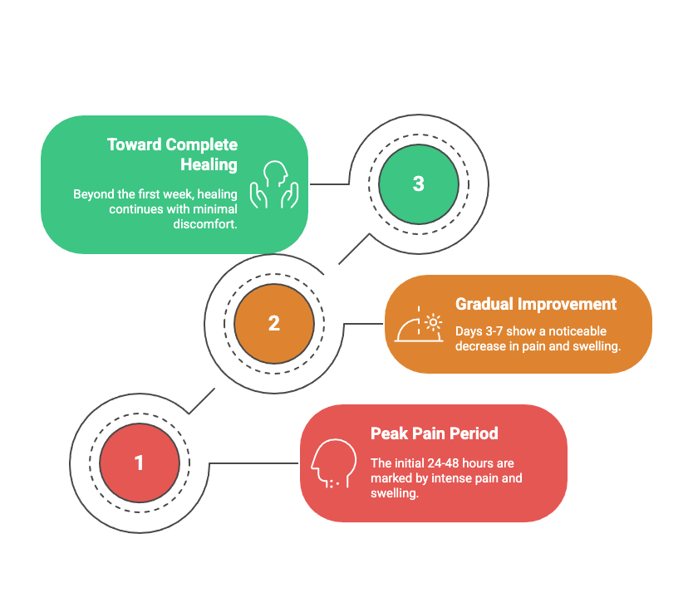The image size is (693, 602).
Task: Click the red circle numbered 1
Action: click(x=140, y=463)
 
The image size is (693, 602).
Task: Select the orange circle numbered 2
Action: click(x=274, y=324)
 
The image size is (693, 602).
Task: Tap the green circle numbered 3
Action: click(x=419, y=184)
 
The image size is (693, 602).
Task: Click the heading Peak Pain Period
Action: click(x=434, y=433)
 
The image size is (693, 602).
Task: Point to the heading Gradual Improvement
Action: click(x=536, y=304)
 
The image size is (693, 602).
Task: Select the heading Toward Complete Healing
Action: click(x=172, y=154)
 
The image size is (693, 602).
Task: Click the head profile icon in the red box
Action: click(x=334, y=463)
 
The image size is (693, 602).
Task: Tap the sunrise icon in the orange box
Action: click(x=419, y=324)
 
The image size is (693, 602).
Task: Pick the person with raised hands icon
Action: click(x=274, y=184)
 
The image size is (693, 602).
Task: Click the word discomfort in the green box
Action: click(x=205, y=224)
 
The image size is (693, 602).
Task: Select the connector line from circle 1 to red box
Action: click(x=253, y=463)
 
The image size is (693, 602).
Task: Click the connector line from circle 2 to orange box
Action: click(x=363, y=324)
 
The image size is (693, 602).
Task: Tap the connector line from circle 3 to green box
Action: click(x=329, y=184)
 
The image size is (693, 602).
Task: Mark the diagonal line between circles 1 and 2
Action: click(x=202, y=401)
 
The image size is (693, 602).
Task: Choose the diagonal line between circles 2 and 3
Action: click(x=354, y=249)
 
